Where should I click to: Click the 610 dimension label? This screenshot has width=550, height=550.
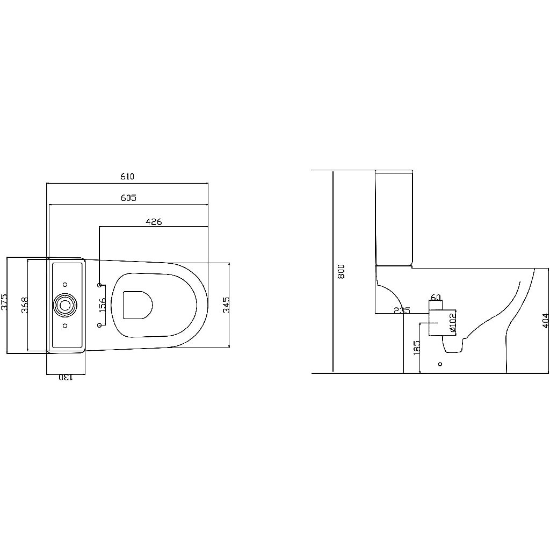click(x=127, y=177)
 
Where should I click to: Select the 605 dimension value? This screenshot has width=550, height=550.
click(x=128, y=198)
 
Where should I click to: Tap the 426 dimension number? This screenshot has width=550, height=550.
click(x=154, y=221)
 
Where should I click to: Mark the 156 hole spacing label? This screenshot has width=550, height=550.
click(x=102, y=305)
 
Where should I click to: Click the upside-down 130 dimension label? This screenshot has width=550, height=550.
click(x=64, y=378)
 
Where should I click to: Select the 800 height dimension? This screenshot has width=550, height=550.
click(x=341, y=271)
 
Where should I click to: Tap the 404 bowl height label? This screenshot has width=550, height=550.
click(x=545, y=321)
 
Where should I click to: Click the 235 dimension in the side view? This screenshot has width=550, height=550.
click(x=402, y=310)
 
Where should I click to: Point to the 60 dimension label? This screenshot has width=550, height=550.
click(x=436, y=298)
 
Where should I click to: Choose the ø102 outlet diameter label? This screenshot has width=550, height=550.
click(x=452, y=323)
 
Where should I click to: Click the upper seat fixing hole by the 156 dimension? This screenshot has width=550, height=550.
click(x=99, y=284)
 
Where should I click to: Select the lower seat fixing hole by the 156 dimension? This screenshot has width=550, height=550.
click(x=99, y=325)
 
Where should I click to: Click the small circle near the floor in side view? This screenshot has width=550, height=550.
click(x=440, y=364)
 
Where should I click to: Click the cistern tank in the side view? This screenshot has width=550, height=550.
click(x=394, y=218)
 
